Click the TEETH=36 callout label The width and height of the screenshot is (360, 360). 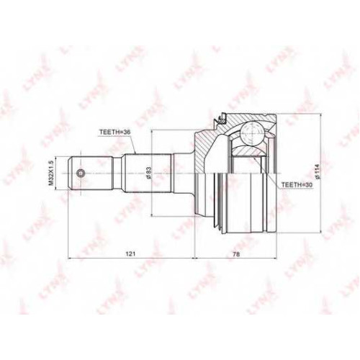113,132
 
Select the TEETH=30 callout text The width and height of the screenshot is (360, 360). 294,184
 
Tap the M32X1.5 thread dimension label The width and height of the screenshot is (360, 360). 50,173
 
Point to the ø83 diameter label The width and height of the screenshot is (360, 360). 148,173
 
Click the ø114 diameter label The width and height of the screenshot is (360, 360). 318,172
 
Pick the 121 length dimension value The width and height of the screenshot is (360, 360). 132,254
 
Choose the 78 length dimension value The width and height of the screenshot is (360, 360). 236,254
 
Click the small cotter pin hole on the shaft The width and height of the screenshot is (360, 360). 81,173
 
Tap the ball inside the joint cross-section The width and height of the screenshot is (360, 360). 252,132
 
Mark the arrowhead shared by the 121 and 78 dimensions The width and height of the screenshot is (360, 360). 194,258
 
